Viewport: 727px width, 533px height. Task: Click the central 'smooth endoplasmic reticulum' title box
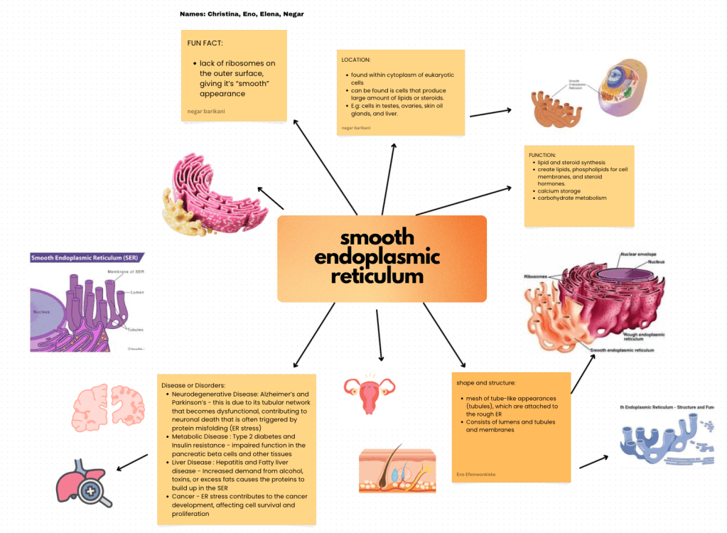tap(382, 257)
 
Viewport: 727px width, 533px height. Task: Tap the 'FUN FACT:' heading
tap(205, 43)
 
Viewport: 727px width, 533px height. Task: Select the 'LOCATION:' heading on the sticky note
tap(356, 60)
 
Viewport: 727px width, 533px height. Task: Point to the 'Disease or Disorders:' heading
tap(193, 385)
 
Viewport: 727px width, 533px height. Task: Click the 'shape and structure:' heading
tap(487, 382)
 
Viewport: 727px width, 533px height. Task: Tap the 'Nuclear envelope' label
tap(637, 254)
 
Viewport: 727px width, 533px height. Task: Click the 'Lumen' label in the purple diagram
tap(138, 292)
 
